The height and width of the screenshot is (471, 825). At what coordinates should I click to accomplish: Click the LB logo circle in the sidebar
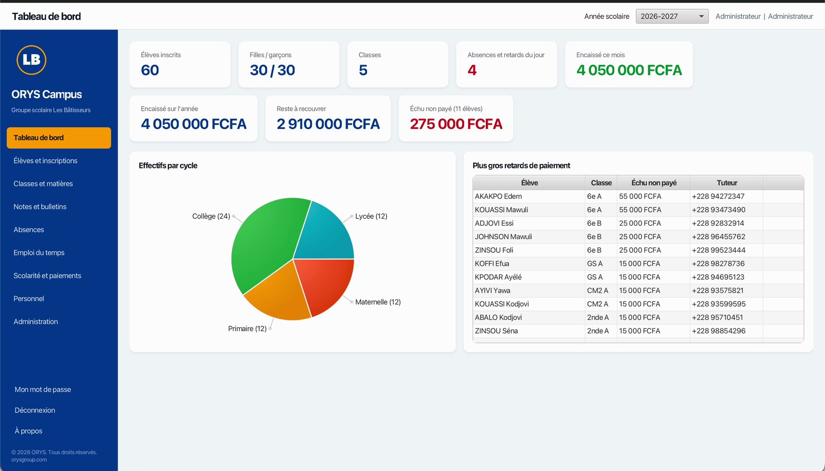[31, 60]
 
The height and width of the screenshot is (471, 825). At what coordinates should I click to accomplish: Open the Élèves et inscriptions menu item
[45, 160]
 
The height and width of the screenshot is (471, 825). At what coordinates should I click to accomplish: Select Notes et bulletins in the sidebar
[40, 207]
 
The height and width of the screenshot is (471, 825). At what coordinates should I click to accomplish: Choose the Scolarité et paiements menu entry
[47, 276]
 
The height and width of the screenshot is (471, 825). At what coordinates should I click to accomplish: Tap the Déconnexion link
[35, 410]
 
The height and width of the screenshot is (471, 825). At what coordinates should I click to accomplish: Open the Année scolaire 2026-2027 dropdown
[672, 16]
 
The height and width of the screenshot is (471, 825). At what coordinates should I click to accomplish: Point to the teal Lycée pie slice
[326, 235]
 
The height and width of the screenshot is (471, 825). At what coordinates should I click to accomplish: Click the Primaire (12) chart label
[247, 329]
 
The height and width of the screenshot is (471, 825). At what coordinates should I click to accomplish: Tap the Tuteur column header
[727, 183]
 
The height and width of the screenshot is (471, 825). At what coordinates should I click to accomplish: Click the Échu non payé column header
[654, 183]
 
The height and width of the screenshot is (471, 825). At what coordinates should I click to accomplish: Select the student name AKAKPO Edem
[498, 196]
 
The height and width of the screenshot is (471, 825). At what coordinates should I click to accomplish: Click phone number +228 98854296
[719, 331]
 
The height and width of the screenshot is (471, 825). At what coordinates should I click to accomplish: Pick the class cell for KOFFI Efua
[595, 263]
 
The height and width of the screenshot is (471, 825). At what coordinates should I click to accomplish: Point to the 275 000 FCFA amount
[456, 124]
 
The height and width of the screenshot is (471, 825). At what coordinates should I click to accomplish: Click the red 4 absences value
[472, 70]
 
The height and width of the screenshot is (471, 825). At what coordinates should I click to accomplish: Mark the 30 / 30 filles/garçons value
[272, 70]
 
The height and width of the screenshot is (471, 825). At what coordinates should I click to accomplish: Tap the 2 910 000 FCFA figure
[328, 124]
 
